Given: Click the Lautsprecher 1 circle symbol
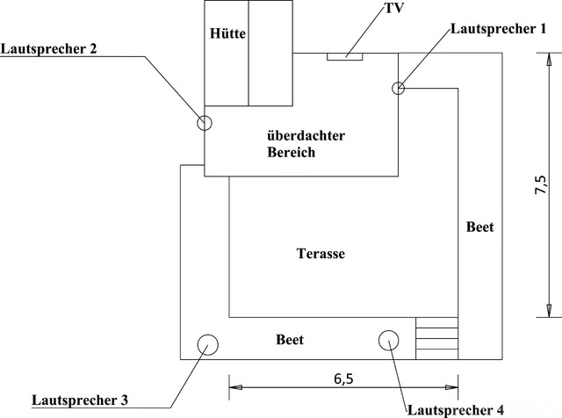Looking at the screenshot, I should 398,87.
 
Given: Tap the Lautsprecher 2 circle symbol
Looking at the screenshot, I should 204,122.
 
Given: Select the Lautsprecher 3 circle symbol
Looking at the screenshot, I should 208,344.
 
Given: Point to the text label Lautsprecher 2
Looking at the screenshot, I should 48,48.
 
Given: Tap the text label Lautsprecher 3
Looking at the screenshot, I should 80,400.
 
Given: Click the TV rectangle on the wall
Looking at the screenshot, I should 345,57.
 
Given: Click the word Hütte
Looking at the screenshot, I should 227,34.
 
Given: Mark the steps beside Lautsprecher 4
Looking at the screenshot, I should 437,339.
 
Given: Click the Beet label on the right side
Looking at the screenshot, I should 479,227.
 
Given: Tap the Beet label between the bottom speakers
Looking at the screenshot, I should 290,340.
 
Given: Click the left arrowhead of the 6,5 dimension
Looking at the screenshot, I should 234,385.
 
